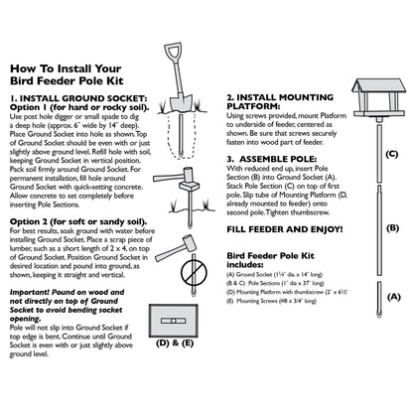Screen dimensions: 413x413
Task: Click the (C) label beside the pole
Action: point(391,155)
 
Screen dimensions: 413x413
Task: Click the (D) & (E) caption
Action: point(174,343)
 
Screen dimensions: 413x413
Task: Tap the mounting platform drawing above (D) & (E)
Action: point(174,317)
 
